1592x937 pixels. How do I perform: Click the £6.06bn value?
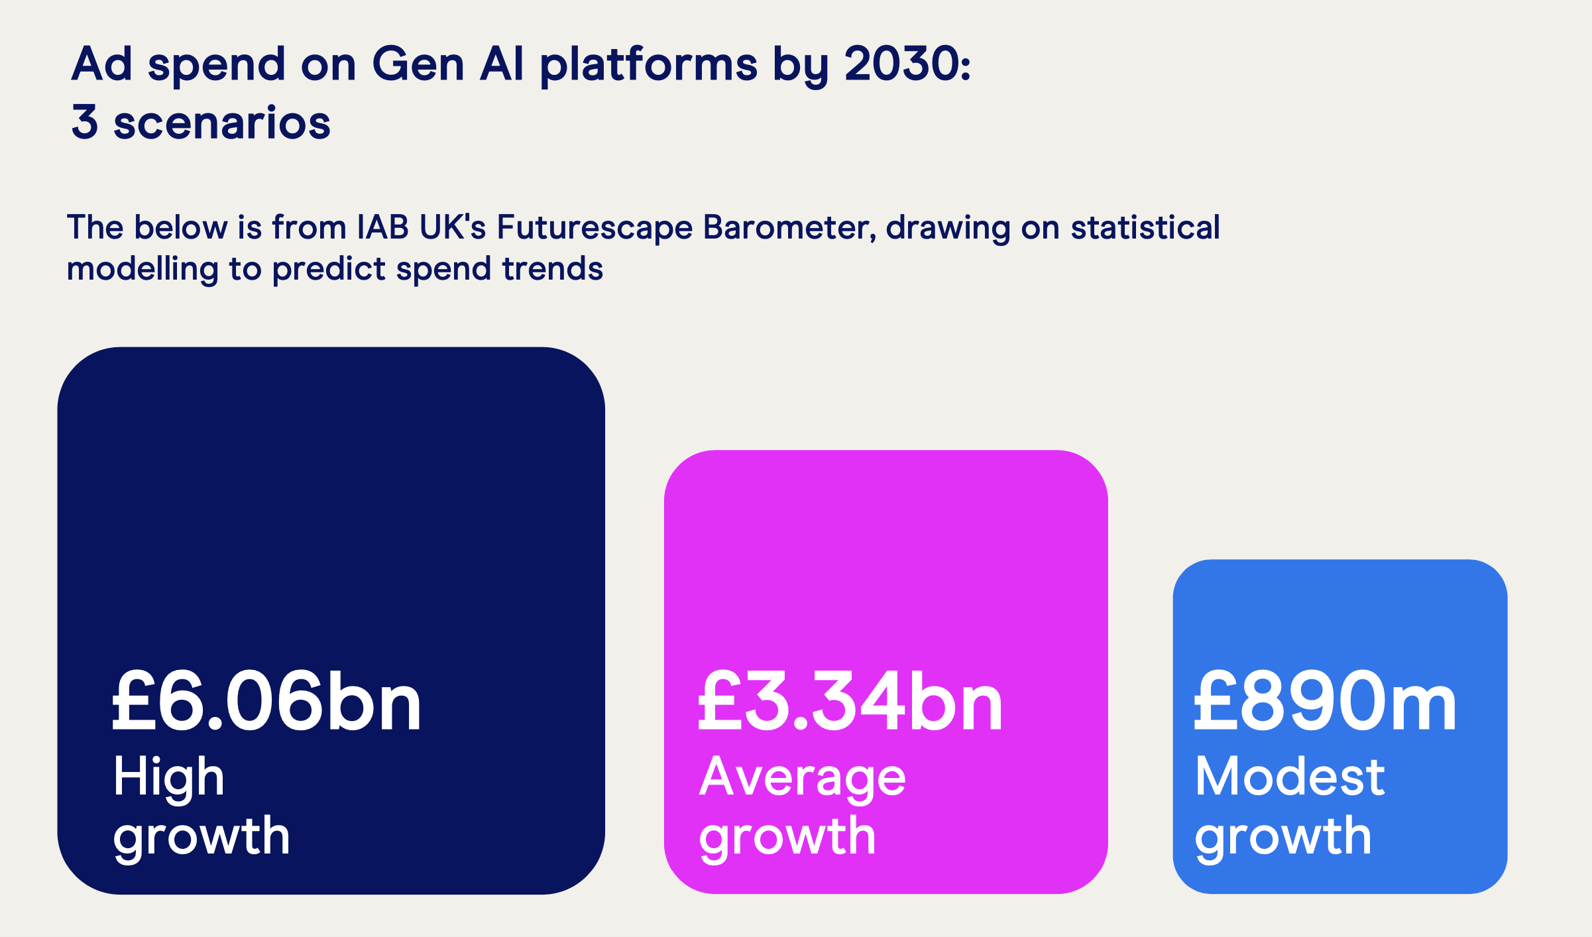click(x=266, y=700)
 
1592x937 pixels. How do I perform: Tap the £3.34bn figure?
click(x=850, y=700)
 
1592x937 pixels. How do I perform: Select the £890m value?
click(x=1325, y=700)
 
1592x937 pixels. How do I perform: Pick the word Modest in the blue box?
click(x=1290, y=776)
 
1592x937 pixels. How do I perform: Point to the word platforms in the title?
click(x=648, y=66)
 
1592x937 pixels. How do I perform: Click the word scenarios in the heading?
click(x=222, y=123)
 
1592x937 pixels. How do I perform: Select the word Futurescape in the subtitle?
click(x=594, y=227)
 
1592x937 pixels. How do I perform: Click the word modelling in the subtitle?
click(x=142, y=270)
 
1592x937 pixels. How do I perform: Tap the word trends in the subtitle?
click(x=553, y=269)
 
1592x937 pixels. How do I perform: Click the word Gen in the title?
click(x=418, y=64)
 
